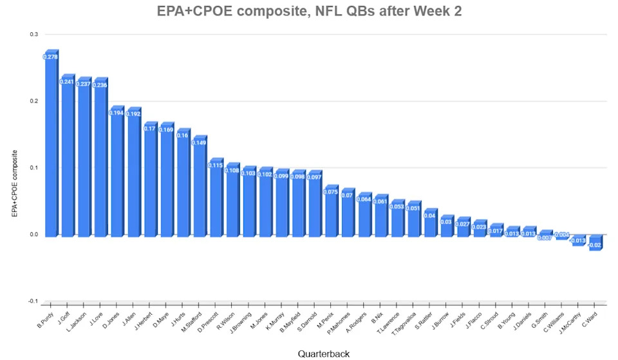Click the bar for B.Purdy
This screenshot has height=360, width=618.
click(x=50, y=148)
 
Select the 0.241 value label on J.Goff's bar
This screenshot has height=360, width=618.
click(x=67, y=82)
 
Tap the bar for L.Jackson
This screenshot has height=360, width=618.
click(x=84, y=161)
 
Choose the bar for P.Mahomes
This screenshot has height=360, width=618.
click(x=348, y=216)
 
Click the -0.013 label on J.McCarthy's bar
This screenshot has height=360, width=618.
click(x=579, y=241)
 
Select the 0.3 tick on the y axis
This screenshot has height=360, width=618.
click(x=33, y=35)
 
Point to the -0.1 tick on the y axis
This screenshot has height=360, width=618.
click(x=32, y=301)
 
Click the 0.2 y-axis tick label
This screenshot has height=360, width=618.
click(x=33, y=101)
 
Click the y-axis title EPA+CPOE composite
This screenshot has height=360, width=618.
click(x=14, y=184)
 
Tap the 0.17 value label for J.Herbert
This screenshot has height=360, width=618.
click(x=150, y=129)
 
